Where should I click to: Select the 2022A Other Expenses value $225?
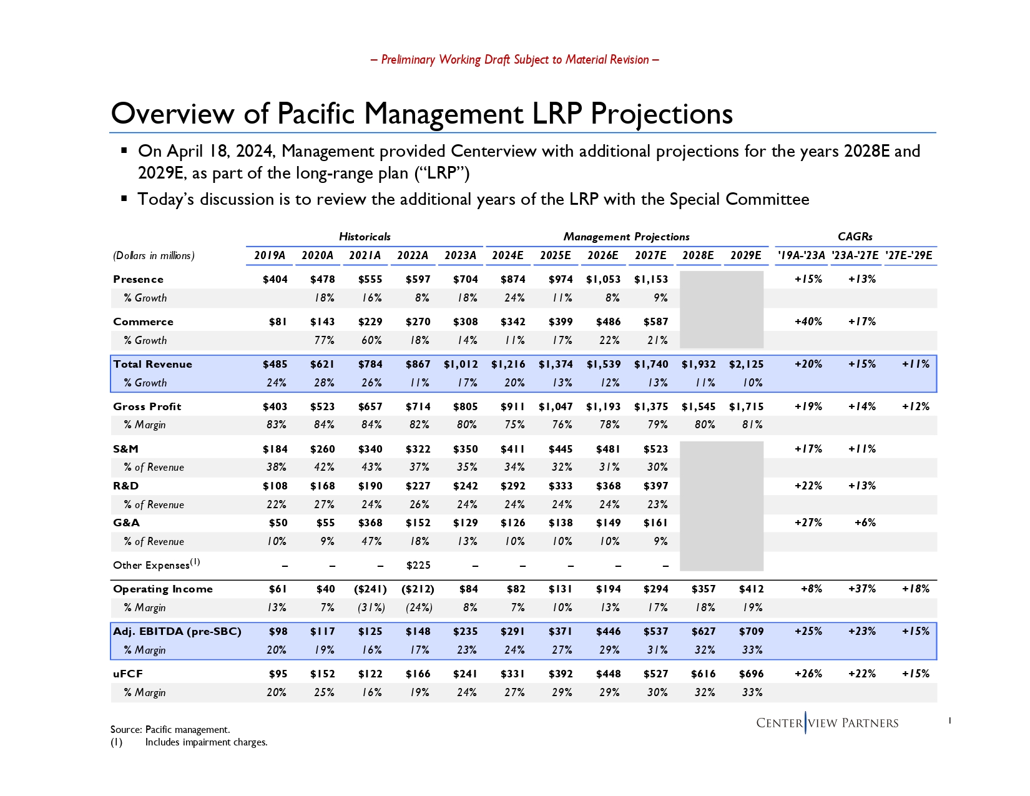[418, 565]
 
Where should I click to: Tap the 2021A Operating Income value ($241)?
[371, 589]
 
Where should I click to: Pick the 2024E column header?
[508, 255]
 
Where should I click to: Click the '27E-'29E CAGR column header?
[909, 255]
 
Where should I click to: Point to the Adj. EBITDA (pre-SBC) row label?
[177, 631]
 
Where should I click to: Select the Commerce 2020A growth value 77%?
[324, 340]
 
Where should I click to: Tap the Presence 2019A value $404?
[275, 279]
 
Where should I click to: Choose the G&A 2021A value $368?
[370, 523]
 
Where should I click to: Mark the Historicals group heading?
[365, 237]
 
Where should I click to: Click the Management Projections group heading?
[626, 237]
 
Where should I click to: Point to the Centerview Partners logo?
[827, 723]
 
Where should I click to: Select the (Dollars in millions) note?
[154, 255]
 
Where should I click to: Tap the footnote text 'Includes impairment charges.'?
[206, 742]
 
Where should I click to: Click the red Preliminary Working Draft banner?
[515, 60]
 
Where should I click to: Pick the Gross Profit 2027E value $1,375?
[651, 406]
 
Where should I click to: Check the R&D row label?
[126, 486]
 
